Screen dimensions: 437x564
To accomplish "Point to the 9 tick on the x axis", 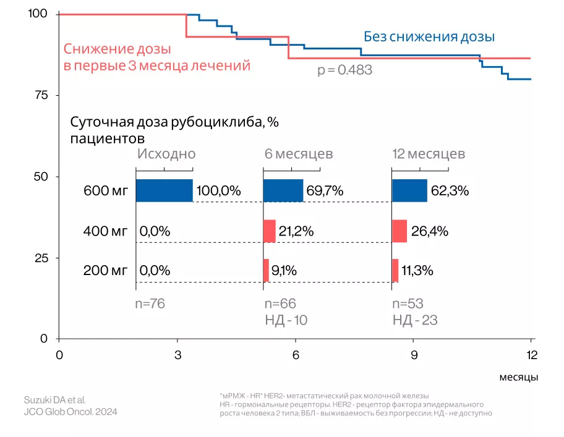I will (414, 354).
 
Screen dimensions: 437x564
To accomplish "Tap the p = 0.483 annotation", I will (344, 70).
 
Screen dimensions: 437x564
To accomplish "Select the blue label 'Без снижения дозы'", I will (429, 36).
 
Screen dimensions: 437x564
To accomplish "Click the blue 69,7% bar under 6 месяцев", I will (283, 190).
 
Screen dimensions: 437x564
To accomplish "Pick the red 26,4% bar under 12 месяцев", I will (399, 231).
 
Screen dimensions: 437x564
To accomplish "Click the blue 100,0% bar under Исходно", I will (164, 190).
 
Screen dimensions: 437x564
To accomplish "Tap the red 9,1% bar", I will (266, 270).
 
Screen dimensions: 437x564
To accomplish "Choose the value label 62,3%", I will (450, 191).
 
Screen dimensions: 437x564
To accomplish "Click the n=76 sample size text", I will (150, 303).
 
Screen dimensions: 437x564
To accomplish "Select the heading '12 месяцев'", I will (429, 153).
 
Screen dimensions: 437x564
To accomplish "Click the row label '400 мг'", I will (106, 232).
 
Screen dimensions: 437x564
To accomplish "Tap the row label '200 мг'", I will (106, 271).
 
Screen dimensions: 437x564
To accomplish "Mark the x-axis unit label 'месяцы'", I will (518, 376).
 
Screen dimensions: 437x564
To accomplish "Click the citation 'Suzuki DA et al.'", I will (54, 399).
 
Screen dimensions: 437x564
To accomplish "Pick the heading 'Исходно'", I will (166, 153).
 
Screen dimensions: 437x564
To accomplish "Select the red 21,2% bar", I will (269, 231).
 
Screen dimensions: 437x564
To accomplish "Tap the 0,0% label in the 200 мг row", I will (155, 271).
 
